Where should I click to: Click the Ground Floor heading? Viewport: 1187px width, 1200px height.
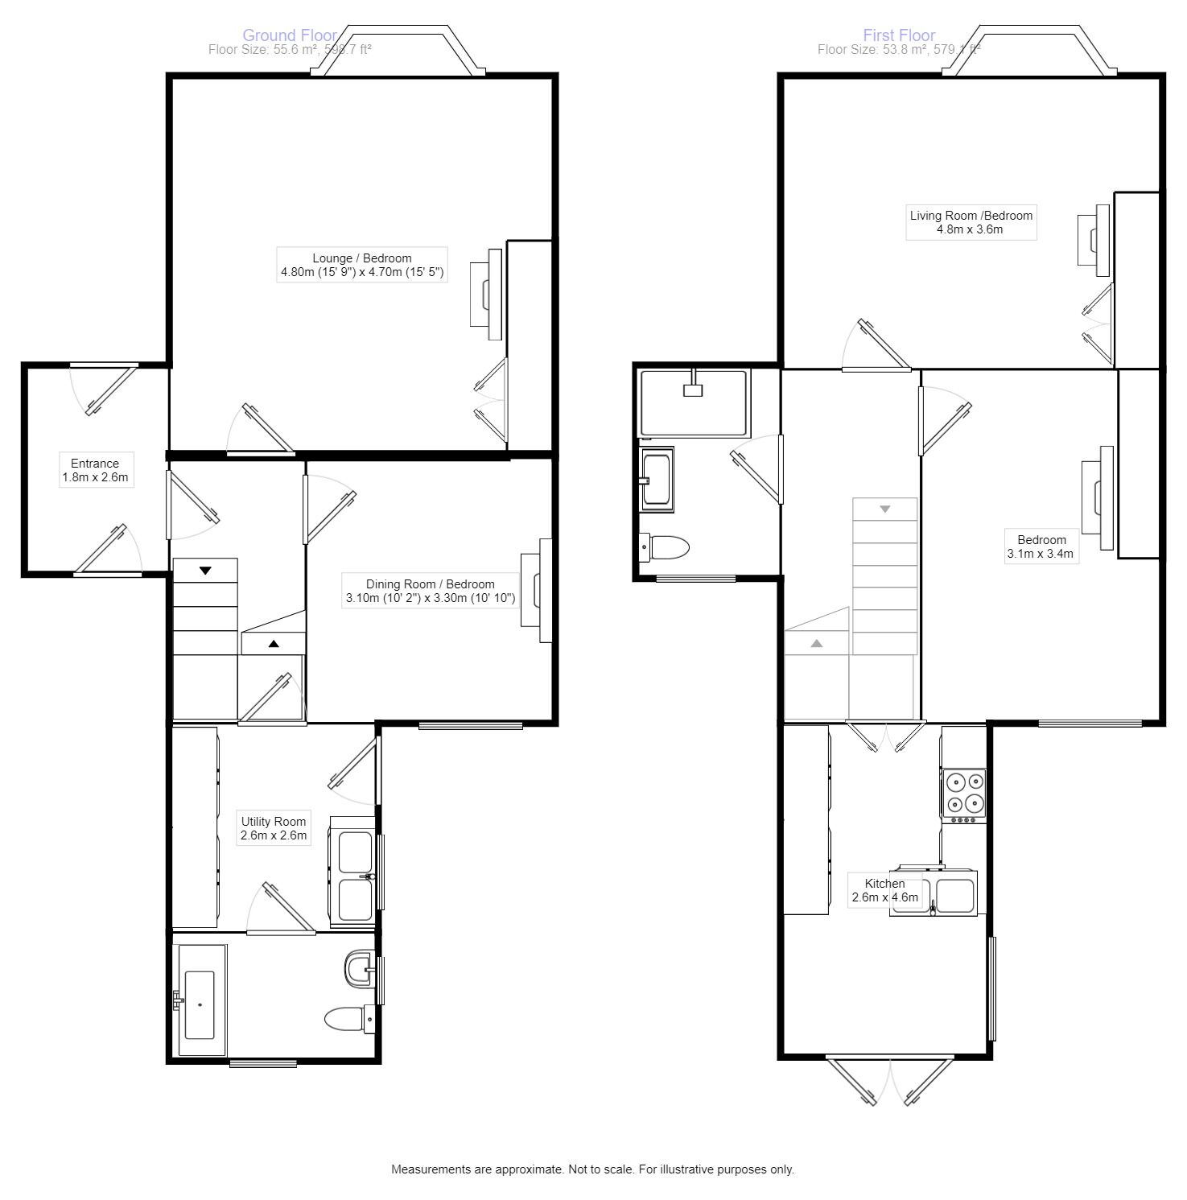coord(290,35)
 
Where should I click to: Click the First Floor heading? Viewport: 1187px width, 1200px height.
coord(899,35)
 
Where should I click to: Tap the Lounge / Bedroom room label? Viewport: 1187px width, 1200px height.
coord(361,265)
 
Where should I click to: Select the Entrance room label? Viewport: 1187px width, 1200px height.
coord(95,470)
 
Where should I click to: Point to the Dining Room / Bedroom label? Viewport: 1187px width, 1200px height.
coord(430,591)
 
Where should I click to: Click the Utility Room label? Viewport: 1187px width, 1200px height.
coord(274,828)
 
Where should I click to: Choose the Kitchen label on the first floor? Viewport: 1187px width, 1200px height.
coord(884,890)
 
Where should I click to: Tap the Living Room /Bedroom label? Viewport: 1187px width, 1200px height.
coord(971,222)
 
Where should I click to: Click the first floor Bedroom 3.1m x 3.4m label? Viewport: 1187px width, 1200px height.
coord(1041,546)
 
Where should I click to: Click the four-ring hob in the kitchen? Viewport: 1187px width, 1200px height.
coord(964,792)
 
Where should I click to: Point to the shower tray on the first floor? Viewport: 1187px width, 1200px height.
coord(693,402)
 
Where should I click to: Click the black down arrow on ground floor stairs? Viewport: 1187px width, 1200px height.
coord(205,571)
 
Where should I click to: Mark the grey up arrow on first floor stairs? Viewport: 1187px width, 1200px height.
coord(817,643)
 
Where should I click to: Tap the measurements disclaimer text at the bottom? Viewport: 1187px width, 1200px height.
coord(592,1169)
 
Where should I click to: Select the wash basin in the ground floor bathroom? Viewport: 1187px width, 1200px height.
coord(357,968)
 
